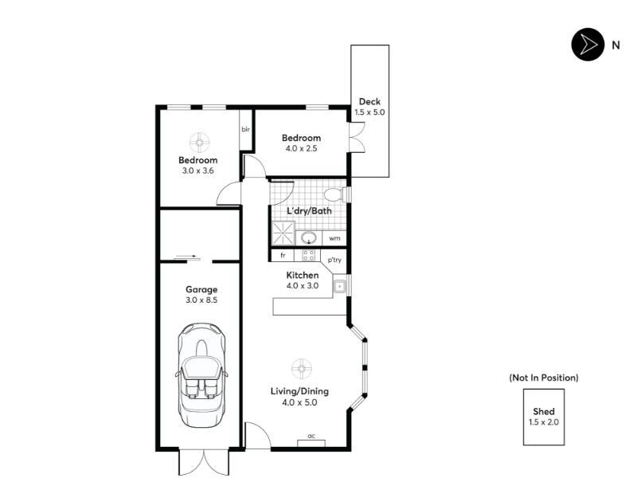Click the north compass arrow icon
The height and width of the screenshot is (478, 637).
(x=588, y=45)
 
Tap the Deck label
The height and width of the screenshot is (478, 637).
(x=369, y=102)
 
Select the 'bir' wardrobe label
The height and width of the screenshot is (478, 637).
(x=245, y=129)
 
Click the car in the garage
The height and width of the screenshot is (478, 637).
(x=201, y=375)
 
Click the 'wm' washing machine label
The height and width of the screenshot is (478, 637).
(x=334, y=238)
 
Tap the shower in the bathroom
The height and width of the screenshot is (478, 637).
(x=283, y=233)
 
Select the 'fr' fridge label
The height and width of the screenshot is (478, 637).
(x=283, y=255)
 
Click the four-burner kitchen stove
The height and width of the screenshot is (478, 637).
(x=308, y=255)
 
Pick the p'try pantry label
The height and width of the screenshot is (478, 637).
(x=334, y=260)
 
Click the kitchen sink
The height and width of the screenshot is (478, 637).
(x=339, y=287)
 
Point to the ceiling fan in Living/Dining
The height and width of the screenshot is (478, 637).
(x=302, y=369)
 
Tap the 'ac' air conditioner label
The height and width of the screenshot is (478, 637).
(x=311, y=436)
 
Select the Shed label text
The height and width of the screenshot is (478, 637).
(x=544, y=411)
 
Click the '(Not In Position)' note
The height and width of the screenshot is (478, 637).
(x=544, y=378)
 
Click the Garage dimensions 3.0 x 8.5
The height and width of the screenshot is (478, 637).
(x=201, y=300)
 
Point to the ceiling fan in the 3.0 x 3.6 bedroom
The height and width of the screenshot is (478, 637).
(x=200, y=143)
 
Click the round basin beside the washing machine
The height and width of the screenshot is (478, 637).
(x=309, y=237)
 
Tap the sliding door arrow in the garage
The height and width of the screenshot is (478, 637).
(x=188, y=257)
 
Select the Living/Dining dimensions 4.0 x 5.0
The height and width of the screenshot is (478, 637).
(x=299, y=402)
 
